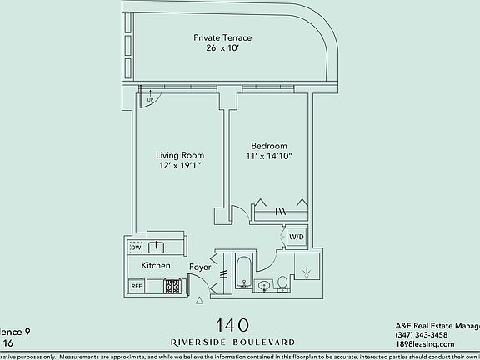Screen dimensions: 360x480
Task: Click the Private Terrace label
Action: [222, 37]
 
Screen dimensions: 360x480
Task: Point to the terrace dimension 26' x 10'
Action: [222, 48]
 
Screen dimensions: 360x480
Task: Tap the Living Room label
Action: [180, 155]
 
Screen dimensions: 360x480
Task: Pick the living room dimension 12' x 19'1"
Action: [180, 166]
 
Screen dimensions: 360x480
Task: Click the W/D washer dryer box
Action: [296, 237]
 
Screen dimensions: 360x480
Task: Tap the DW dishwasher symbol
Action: [135, 247]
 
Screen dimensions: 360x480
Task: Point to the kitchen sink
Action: [156, 247]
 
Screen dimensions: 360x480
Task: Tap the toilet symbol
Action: [283, 283]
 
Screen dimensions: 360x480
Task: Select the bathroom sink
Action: [264, 286]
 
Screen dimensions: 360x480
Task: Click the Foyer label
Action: [200, 267]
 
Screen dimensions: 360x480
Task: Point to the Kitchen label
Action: [156, 266]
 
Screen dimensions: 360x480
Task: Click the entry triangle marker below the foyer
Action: [201, 298]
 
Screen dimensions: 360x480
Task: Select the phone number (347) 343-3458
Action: [422, 335]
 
